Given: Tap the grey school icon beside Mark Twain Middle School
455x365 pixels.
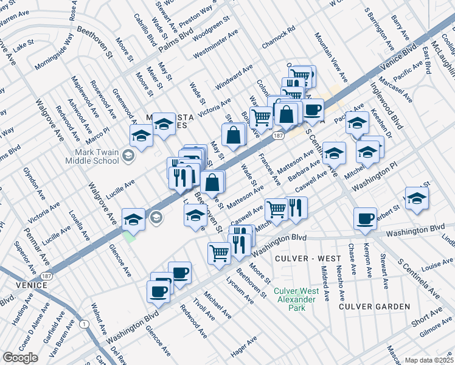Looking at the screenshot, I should (128, 156).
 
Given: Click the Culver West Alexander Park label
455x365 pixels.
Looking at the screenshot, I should (296, 299).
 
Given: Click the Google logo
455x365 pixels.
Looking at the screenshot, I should (20, 358).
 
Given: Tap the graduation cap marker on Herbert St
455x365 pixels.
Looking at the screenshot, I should (417, 198).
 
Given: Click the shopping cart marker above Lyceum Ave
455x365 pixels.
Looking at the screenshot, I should (219, 252).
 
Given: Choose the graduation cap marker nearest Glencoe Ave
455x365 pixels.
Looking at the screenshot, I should (134, 219).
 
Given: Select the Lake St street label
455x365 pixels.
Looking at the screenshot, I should (25, 45).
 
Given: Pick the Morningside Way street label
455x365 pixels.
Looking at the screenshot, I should (53, 50).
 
